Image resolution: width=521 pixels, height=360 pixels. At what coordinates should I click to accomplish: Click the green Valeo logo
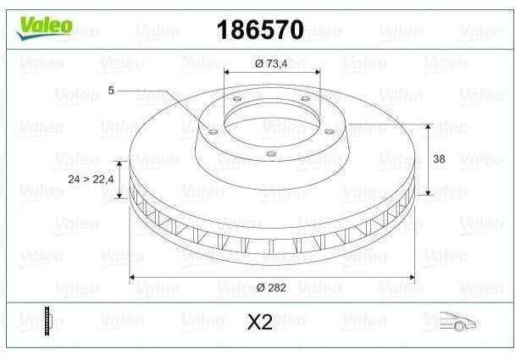(x=45, y=28)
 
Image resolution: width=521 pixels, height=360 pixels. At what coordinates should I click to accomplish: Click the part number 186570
(x=260, y=30)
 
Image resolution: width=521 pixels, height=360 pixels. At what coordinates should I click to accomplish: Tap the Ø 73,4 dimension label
(x=271, y=63)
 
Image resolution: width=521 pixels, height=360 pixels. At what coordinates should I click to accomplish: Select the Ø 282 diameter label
(x=271, y=288)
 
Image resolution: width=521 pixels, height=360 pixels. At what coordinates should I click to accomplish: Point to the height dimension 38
(x=439, y=159)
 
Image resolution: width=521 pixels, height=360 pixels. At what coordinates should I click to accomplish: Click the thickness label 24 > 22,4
(x=91, y=180)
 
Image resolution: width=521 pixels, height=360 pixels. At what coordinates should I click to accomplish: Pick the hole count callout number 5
(x=111, y=91)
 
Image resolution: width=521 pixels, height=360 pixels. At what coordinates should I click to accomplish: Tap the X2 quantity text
(x=260, y=322)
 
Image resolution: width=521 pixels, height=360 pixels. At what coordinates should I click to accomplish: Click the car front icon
(x=457, y=322)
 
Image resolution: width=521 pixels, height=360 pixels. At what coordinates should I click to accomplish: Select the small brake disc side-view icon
(x=48, y=321)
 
